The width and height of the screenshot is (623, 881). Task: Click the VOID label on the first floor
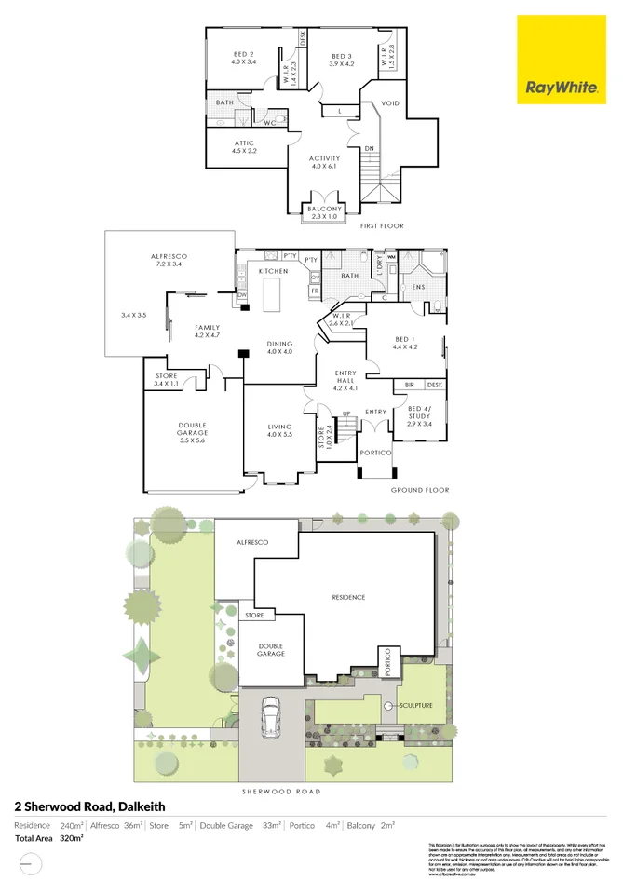pos(390,102)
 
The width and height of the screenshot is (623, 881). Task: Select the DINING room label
pos(280,346)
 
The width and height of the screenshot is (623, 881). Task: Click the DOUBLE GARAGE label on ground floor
pos(193,433)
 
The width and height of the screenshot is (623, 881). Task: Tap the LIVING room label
pos(280,431)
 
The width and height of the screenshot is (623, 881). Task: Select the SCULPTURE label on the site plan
pos(415,706)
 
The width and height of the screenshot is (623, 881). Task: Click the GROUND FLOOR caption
pos(420,490)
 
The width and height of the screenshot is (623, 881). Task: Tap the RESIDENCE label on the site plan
pos(348,597)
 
